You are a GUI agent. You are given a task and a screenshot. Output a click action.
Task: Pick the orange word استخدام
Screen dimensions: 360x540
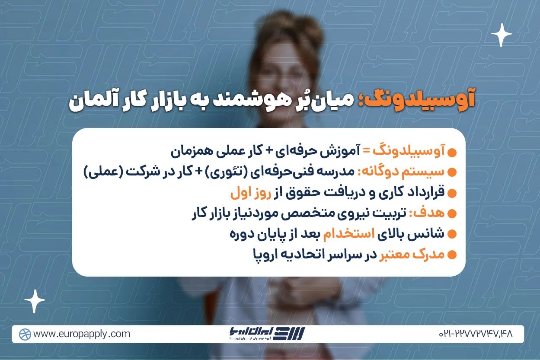(x=341, y=234)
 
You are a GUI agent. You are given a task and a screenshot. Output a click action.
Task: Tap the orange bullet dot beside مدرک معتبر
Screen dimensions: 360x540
(x=452, y=255)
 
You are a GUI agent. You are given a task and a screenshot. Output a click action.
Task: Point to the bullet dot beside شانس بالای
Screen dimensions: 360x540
(x=452, y=235)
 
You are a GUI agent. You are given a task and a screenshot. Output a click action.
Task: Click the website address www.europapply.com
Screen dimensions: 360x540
(x=82, y=334)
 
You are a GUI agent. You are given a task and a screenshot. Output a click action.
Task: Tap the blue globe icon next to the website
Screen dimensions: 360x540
(x=25, y=334)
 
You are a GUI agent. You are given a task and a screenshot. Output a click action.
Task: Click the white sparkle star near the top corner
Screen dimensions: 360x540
(x=502, y=35)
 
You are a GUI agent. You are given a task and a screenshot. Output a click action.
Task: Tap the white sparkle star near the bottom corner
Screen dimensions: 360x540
(x=35, y=301)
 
